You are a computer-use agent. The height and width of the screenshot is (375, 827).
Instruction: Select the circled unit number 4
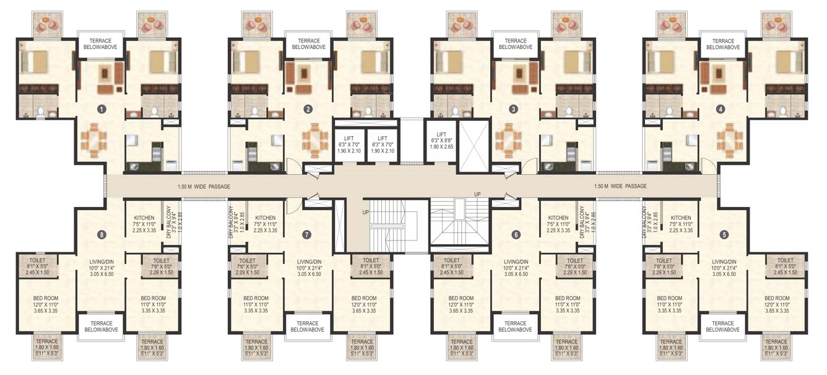720,109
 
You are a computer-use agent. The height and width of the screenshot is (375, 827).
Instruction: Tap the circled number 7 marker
305,234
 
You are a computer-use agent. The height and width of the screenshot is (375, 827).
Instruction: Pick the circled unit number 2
308,109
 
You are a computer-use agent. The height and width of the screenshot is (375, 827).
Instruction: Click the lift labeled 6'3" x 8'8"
441,142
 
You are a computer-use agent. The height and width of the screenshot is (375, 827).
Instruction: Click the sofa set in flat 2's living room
303,76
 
